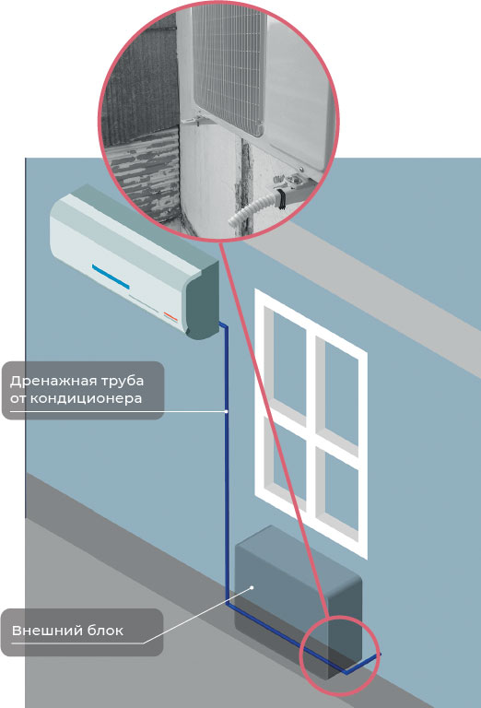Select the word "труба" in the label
point(126,382)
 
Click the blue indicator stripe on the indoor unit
point(111,277)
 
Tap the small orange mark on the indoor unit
point(171,316)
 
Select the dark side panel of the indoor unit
point(202,301)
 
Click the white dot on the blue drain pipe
point(226,411)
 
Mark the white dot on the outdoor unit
point(252,587)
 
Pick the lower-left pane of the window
point(289,463)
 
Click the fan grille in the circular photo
point(229,67)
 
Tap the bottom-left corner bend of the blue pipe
point(227,601)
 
